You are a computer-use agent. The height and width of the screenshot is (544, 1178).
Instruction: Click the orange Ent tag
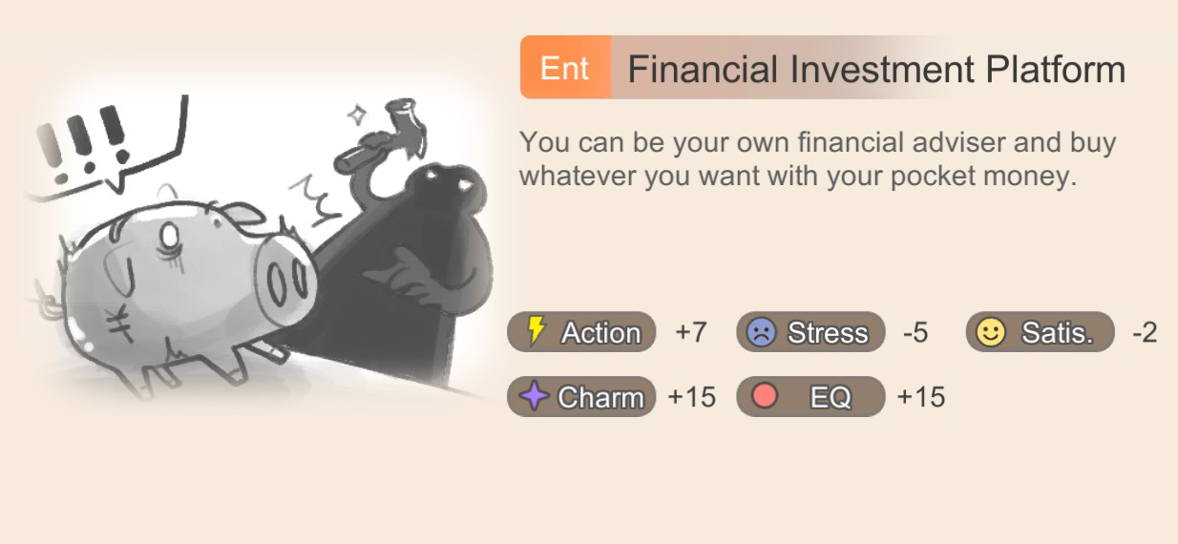pyautogui.click(x=565, y=67)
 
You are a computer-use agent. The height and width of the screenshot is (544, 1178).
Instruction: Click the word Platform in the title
pyautogui.click(x=1056, y=70)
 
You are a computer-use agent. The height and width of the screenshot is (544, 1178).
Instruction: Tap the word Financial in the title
pyautogui.click(x=703, y=69)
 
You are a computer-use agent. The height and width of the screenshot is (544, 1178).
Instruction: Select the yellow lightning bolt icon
pyautogui.click(x=536, y=330)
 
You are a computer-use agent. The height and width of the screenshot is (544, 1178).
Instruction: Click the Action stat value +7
pyautogui.click(x=690, y=332)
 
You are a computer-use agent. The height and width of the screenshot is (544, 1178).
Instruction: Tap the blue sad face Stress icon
pyautogui.click(x=762, y=332)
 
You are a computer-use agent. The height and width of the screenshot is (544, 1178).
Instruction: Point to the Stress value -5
pyautogui.click(x=915, y=333)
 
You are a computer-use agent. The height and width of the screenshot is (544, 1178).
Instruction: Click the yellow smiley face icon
pyautogui.click(x=991, y=332)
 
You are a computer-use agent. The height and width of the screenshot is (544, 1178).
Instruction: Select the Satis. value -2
pyautogui.click(x=1145, y=333)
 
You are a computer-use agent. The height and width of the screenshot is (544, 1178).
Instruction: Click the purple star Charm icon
pyautogui.click(x=535, y=395)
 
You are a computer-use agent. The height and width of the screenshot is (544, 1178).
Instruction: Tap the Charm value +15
pyautogui.click(x=691, y=397)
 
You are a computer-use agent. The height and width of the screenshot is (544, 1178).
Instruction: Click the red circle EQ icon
pyautogui.click(x=765, y=395)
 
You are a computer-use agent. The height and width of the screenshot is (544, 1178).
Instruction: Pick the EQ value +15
pyautogui.click(x=921, y=397)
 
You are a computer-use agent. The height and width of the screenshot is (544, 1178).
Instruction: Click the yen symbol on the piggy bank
pyautogui.click(x=121, y=323)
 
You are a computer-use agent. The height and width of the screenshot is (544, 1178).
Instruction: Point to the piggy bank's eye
pyautogui.click(x=170, y=237)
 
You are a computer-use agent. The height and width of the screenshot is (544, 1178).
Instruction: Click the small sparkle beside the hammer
pyautogui.click(x=358, y=115)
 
